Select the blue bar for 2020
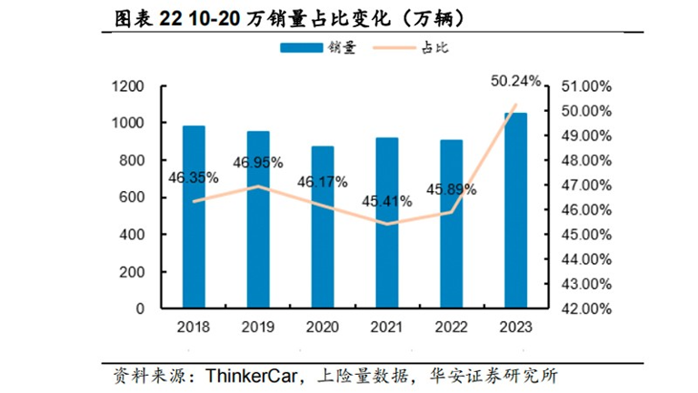click(x=323, y=227)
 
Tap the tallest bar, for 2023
click(x=515, y=210)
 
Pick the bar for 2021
click(x=386, y=222)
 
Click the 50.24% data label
click(x=515, y=81)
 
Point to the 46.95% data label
click(x=257, y=162)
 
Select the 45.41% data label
click(x=386, y=200)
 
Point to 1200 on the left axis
click(x=128, y=86)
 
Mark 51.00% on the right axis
click(x=586, y=86)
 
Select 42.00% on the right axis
click(x=586, y=308)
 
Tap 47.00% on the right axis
click(x=586, y=185)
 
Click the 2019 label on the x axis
click(x=258, y=327)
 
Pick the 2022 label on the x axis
click(x=451, y=327)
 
